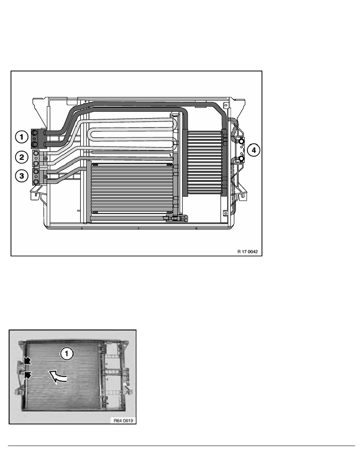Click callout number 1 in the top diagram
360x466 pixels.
click(22, 137)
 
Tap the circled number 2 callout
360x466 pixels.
click(22, 157)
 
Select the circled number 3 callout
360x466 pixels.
click(22, 176)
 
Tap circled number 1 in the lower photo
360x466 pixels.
click(67, 354)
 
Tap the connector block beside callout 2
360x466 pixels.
click(36, 158)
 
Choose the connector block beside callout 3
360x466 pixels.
click(36, 177)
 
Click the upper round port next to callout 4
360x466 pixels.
click(242, 141)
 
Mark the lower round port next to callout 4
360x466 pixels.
click(242, 159)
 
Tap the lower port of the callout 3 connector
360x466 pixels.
click(36, 182)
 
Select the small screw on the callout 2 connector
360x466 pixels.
click(46, 158)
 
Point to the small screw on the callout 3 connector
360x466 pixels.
click(46, 177)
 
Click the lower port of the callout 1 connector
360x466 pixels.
click(36, 144)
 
